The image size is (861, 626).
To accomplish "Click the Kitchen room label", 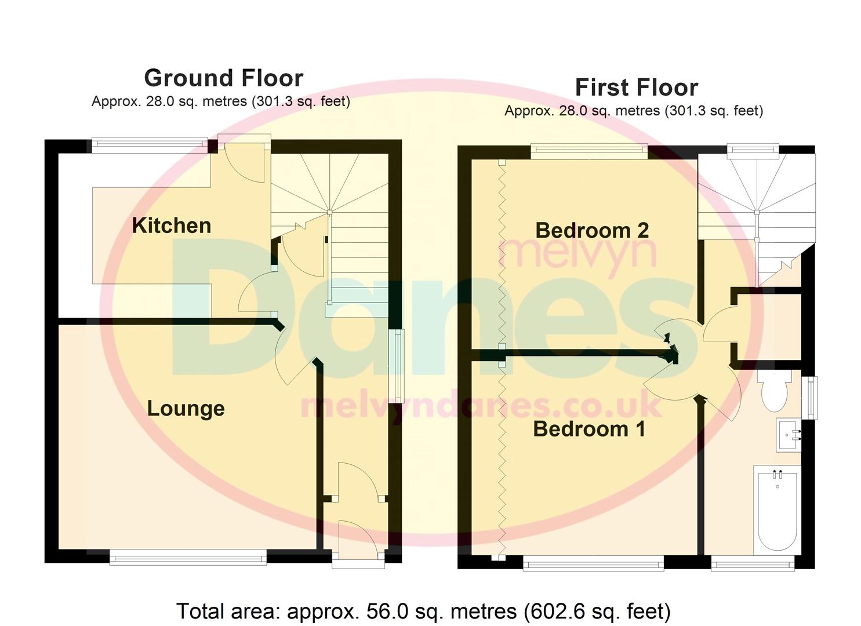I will (172, 225).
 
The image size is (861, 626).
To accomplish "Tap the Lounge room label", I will (186, 409).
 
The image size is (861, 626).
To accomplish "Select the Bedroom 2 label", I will (591, 230).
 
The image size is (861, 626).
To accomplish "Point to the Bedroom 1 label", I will (588, 429).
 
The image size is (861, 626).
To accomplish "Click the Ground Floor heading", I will (223, 78).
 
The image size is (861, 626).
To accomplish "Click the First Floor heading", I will (636, 88).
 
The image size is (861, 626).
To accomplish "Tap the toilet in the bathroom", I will (774, 390).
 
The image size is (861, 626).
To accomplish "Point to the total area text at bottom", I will (423, 611).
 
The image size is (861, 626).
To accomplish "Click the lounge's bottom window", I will (188, 559).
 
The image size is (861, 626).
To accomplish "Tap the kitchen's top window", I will (150, 144).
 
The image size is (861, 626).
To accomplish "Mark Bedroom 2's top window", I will (588, 151).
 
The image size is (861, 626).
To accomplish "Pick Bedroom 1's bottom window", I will (593, 563).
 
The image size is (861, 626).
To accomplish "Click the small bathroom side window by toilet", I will (812, 397).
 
